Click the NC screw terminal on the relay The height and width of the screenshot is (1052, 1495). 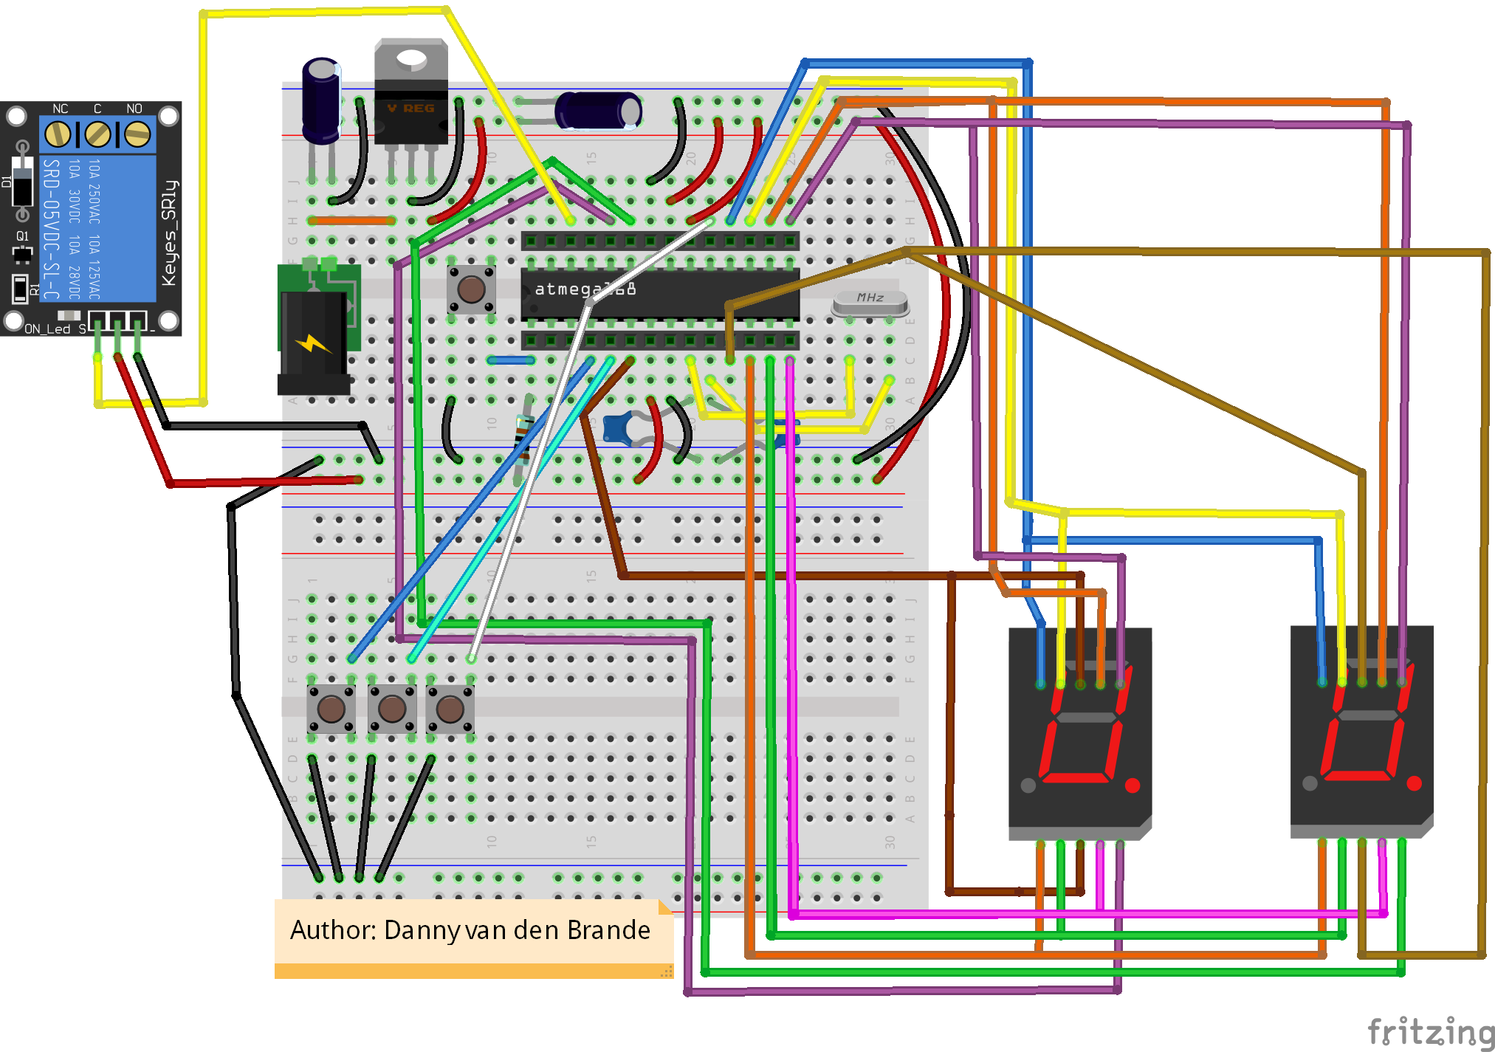(58, 134)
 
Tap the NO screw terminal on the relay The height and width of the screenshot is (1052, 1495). (137, 134)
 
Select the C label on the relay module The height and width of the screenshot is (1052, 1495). (97, 109)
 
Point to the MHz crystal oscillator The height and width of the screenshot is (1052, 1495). (870, 301)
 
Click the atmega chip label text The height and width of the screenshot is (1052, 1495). (584, 289)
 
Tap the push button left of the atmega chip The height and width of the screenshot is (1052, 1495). (471, 289)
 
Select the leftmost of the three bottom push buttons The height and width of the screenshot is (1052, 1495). (331, 709)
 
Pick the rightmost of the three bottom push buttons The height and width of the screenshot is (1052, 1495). (450, 709)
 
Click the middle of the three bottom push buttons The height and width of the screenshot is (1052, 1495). (391, 709)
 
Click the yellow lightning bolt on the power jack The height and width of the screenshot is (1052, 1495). (312, 344)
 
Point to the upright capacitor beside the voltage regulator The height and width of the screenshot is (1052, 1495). (321, 100)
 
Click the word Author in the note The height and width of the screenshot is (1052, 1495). (332, 930)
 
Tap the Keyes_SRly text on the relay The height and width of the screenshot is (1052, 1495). (169, 233)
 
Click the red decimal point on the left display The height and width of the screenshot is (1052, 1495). (1132, 785)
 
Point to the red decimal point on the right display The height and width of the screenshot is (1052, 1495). (1414, 783)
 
